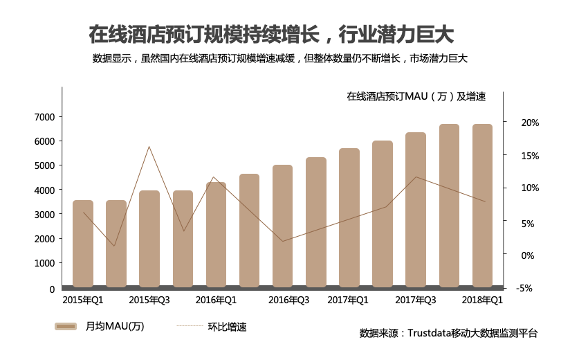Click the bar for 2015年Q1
tap(83, 244)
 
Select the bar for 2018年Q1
tap(482, 206)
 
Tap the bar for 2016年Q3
tap(283, 226)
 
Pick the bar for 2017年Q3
tap(416, 210)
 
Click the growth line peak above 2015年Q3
tap(149, 146)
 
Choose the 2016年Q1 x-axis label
tap(216, 300)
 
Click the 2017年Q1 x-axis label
tap(348, 300)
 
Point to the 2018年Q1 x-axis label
tap(482, 300)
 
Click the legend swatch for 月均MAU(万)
tap(66, 326)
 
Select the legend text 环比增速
tap(227, 327)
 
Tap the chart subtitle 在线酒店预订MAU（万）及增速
tap(416, 97)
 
